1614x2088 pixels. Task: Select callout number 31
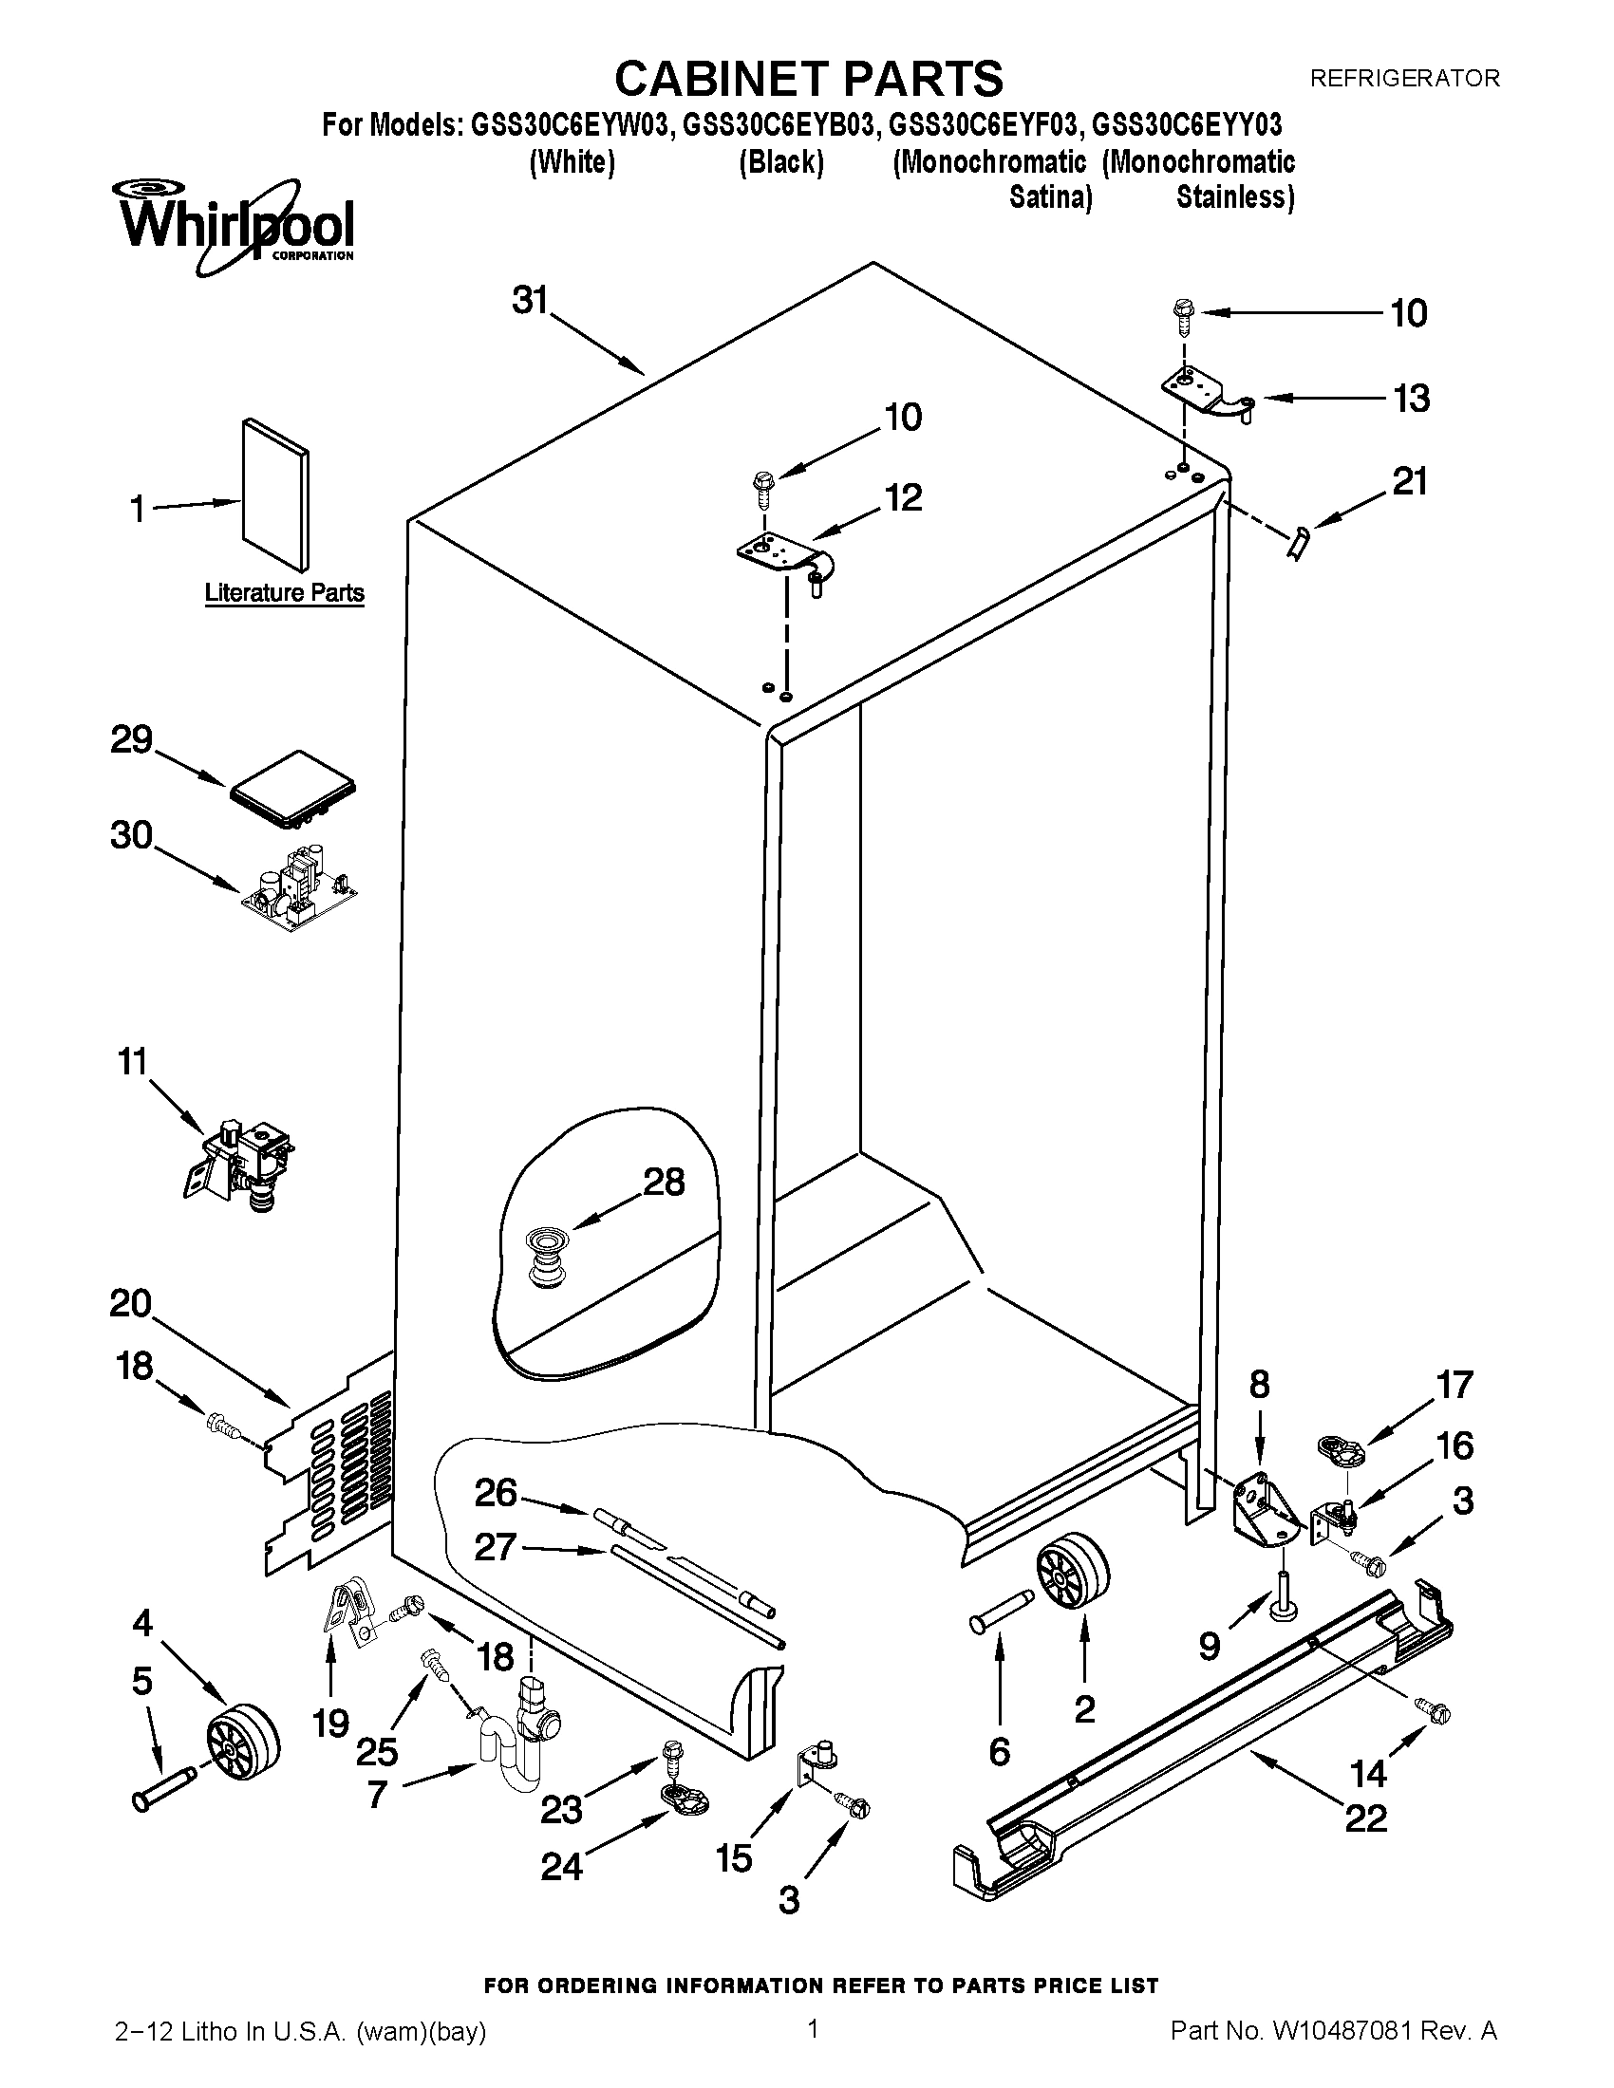tap(530, 300)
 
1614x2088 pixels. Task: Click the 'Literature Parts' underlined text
tap(284, 593)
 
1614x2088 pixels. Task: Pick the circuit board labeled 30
tap(297, 888)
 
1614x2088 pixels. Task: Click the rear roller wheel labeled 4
tap(243, 1737)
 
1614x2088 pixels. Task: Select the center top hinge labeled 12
tap(787, 557)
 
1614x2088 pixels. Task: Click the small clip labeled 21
tap(1298, 545)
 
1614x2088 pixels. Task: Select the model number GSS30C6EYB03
tap(780, 125)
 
